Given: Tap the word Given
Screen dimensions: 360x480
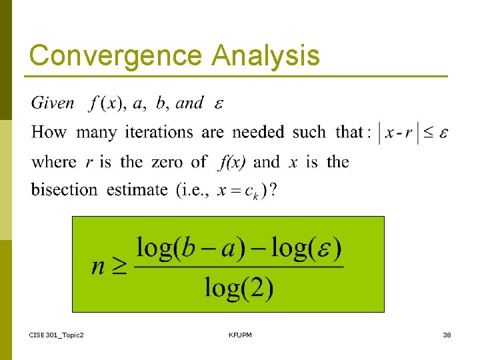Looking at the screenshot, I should point(53,103).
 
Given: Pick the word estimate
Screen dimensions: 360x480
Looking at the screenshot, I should point(137,189).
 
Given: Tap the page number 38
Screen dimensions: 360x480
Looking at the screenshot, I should point(447,334).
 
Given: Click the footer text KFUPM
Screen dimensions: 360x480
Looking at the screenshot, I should point(240,334).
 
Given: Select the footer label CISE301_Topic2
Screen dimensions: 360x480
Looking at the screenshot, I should point(57,334).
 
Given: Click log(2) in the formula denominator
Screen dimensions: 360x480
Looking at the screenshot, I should point(239,287).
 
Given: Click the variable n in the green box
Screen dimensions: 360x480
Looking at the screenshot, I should point(99,267).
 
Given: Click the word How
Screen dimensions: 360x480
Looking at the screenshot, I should point(49,132).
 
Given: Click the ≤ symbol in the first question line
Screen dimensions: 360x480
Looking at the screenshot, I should point(429,132).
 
